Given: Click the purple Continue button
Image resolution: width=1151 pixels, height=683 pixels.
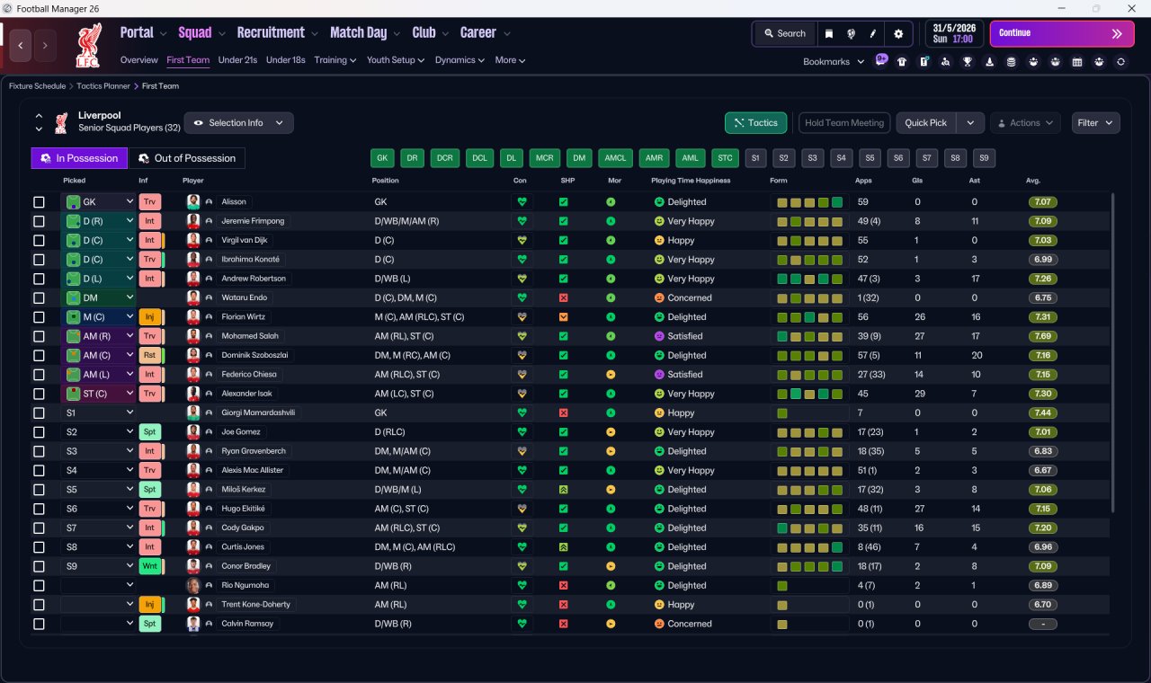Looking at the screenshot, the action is (x=1062, y=33).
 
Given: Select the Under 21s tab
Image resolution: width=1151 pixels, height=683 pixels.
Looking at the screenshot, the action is (x=237, y=60).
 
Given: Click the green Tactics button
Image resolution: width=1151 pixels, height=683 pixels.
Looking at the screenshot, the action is (x=755, y=123).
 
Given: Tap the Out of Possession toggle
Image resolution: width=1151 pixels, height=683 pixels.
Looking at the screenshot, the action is (x=186, y=158).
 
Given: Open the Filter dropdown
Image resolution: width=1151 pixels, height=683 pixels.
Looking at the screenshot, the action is (x=1095, y=123).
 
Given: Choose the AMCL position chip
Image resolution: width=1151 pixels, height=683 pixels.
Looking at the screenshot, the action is (x=615, y=158).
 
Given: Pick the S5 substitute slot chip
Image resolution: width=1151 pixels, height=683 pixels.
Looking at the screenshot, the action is (x=870, y=158).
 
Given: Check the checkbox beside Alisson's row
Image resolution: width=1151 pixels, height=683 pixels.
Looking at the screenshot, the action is (x=39, y=202).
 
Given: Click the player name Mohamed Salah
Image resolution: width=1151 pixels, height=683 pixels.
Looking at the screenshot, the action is (x=250, y=336).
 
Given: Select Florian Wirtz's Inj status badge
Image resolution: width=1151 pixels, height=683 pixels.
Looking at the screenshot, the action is (x=149, y=317).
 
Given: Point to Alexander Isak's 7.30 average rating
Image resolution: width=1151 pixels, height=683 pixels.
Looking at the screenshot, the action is (x=1042, y=394).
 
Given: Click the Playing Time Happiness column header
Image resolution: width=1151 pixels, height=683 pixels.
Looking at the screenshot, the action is (x=691, y=181).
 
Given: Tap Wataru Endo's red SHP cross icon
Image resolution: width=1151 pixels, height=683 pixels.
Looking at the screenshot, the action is (x=564, y=297).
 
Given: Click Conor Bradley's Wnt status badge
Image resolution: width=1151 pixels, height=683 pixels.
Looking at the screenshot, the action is (x=149, y=566).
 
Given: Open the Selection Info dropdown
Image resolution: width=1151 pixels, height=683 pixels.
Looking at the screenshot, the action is (x=239, y=123).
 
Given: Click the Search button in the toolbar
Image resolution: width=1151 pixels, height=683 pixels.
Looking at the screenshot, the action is (x=784, y=33).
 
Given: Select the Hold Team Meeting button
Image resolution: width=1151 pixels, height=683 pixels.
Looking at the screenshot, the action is (x=844, y=123).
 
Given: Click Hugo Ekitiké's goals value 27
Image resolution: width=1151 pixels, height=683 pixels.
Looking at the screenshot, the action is (x=920, y=509).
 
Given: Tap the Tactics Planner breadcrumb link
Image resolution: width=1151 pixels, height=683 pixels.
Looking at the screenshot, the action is (x=103, y=86).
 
